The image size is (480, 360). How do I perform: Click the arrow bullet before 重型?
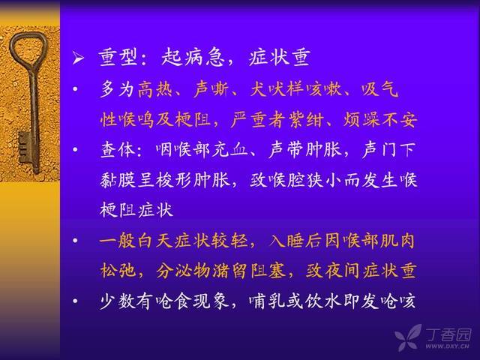pyautogui.click(x=78, y=58)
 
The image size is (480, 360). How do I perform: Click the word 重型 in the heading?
pyautogui.click(x=118, y=57)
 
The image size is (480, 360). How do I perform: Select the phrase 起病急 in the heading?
pyautogui.click(x=192, y=57)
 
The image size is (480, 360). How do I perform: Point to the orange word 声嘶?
pyautogui.click(x=211, y=88)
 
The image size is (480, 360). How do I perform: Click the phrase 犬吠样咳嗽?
pyautogui.click(x=295, y=88)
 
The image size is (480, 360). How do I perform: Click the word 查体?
pyautogui.click(x=118, y=150)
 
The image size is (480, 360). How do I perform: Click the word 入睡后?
pyautogui.click(x=295, y=241)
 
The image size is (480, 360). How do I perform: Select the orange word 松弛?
pyautogui.click(x=118, y=271)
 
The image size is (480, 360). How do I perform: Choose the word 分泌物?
pyautogui.click(x=183, y=271)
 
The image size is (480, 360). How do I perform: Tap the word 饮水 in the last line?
pyautogui.click(x=322, y=301)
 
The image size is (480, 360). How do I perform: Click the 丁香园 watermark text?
pyautogui.click(x=448, y=334)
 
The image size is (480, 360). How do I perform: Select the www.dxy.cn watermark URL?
pyautogui.click(x=447, y=346)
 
